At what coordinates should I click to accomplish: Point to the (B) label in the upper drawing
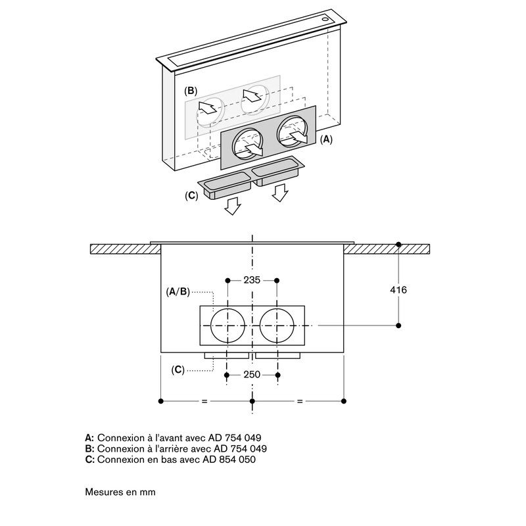[191, 90]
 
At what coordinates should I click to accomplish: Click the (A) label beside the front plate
[327, 139]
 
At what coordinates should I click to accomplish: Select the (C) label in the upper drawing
[191, 195]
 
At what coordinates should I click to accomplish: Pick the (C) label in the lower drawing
[178, 370]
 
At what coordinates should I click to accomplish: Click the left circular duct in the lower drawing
[228, 325]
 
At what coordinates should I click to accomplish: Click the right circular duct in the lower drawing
[277, 325]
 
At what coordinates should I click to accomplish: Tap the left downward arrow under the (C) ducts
[232, 208]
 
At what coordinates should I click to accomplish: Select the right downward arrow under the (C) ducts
[280, 192]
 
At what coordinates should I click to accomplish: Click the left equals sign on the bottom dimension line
[204, 401]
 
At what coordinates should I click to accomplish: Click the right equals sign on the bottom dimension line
[300, 401]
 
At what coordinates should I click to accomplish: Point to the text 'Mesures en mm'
[120, 491]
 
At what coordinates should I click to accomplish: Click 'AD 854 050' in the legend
[230, 460]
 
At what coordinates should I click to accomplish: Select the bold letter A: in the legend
[90, 437]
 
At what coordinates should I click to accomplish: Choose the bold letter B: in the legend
[90, 448]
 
